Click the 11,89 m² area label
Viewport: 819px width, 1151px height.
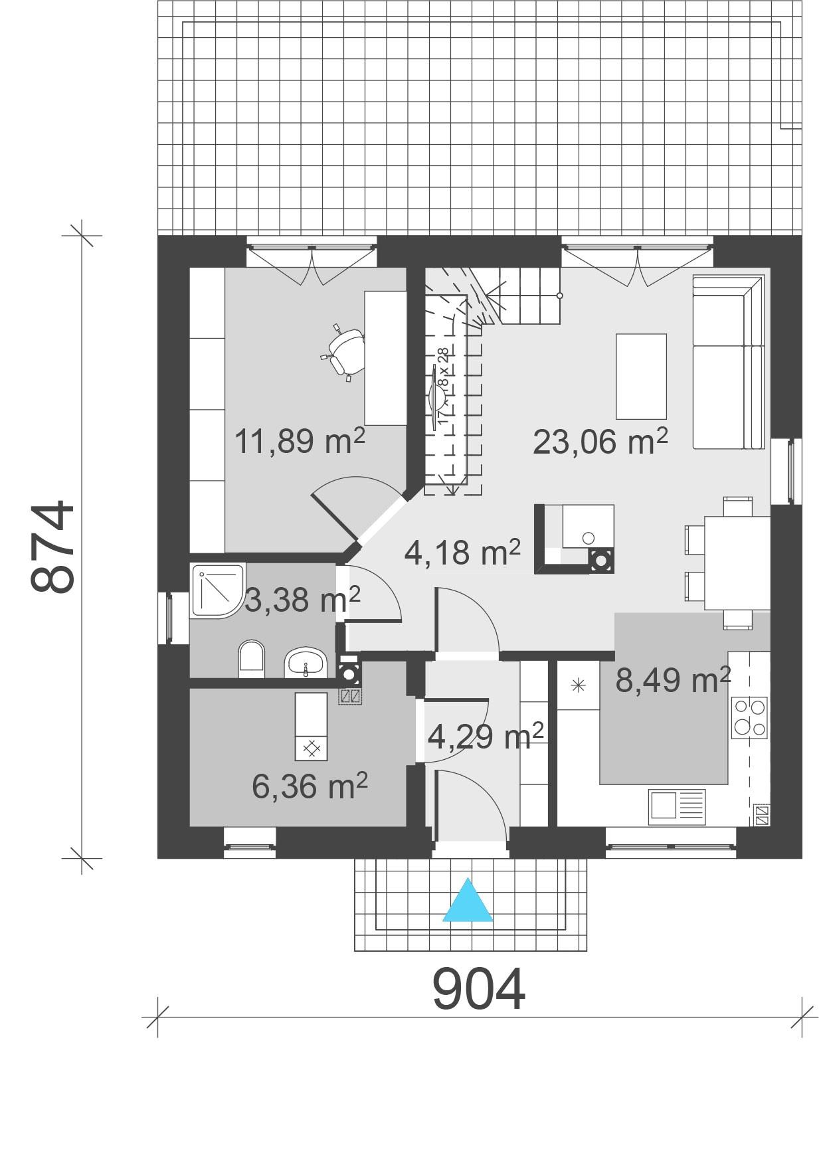[x=300, y=441]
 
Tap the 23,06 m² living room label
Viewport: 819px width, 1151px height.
[x=600, y=441]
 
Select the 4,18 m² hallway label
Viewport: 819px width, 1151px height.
[x=462, y=552]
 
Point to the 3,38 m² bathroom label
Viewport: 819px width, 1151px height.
[x=303, y=600]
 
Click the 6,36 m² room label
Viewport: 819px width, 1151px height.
[x=310, y=786]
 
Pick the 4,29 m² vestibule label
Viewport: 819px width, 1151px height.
[x=486, y=736]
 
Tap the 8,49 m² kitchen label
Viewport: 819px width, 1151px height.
[x=672, y=680]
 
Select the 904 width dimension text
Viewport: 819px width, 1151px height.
[x=478, y=990]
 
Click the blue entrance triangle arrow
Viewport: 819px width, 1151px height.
[x=468, y=902]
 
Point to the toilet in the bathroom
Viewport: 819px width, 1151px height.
[x=251, y=659]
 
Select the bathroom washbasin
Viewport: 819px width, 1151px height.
[x=306, y=663]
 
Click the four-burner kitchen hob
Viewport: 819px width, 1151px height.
[x=749, y=718]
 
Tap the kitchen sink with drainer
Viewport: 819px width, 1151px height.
[x=677, y=806]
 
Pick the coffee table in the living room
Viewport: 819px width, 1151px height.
[x=641, y=377]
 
